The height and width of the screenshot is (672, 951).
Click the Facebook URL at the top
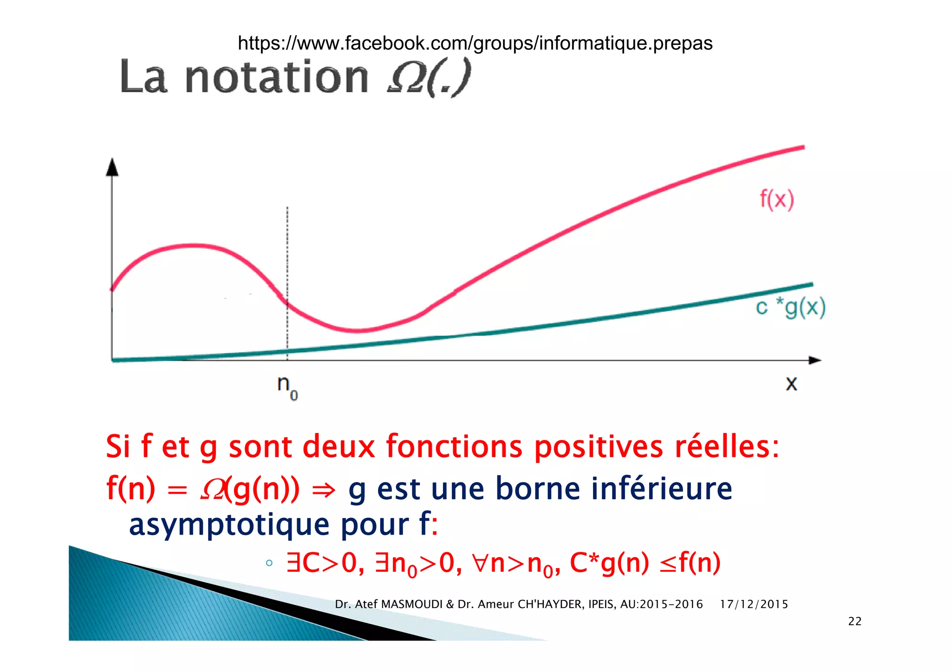(475, 43)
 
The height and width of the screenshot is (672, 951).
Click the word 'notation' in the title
(277, 77)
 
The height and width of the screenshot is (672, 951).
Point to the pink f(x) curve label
(777, 199)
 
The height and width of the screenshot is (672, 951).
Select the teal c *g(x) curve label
(791, 307)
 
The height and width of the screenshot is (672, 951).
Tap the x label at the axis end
(791, 384)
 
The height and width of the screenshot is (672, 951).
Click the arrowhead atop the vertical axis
(112, 168)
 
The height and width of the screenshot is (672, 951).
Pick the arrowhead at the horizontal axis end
(815, 360)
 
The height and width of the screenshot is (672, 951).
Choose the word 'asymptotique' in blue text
(229, 525)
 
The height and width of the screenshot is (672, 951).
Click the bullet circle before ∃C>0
(269, 563)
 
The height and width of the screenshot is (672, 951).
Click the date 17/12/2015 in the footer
(754, 604)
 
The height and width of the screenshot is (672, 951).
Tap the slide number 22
(854, 621)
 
